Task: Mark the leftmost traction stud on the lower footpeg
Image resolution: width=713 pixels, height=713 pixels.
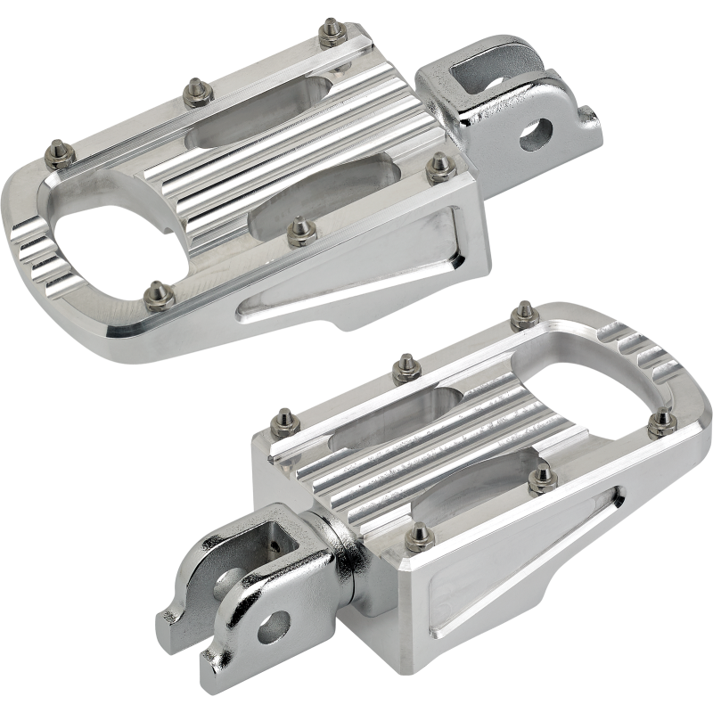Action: pos(284,417)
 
